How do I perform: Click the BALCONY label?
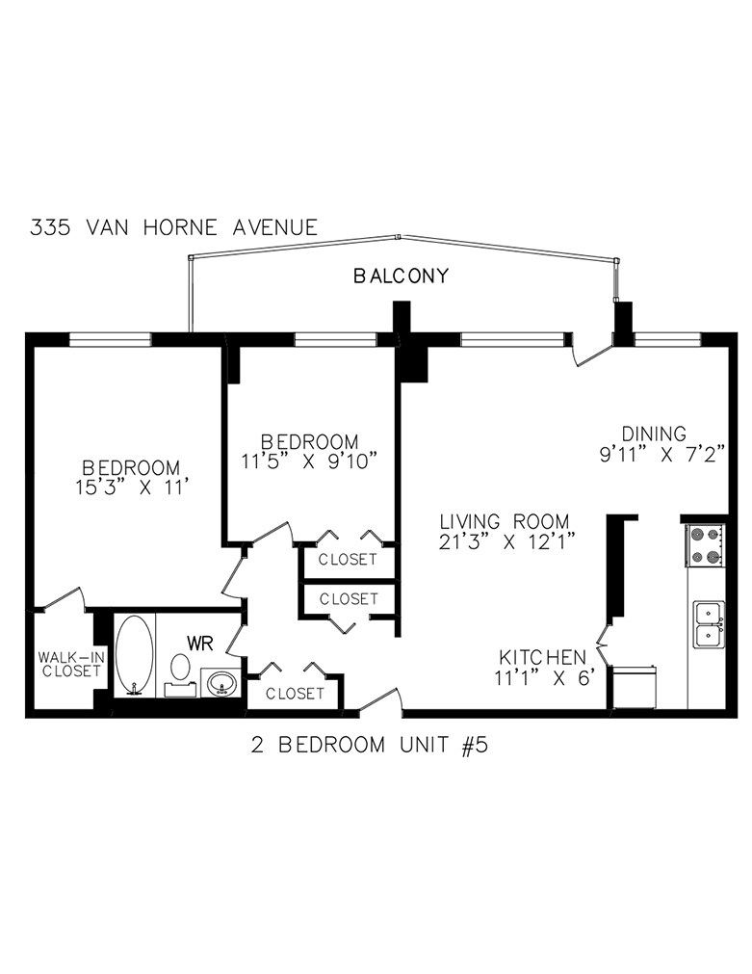(x=401, y=276)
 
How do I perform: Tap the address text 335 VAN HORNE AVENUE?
(x=173, y=228)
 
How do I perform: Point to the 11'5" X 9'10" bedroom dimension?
(x=308, y=461)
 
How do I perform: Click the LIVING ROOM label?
(x=499, y=520)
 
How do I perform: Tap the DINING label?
(x=653, y=434)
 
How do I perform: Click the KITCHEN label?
(x=542, y=657)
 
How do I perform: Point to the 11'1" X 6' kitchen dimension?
(x=549, y=678)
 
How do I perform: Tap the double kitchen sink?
(x=710, y=622)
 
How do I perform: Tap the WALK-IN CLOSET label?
(x=69, y=664)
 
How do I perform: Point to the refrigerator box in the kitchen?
(x=634, y=687)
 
